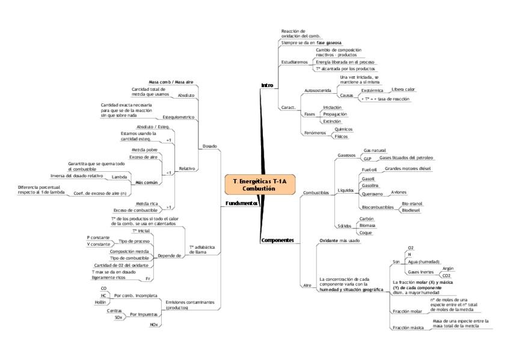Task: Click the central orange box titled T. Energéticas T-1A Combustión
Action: pos(259,185)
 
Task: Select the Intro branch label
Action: pos(267,85)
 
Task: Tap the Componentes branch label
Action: pos(277,240)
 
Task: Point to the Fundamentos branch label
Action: pos(241,203)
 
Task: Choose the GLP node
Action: pos(367,158)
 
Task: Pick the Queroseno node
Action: pos(371,194)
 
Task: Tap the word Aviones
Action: pos(399,192)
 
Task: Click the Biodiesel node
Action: pos(410,210)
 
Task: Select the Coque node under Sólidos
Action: pos(365,232)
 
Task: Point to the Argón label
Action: pos(447,268)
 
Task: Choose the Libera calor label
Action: pos(403,90)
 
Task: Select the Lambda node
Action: pos(119,177)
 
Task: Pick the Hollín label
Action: pos(100,302)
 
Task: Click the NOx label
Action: pos(154,324)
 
